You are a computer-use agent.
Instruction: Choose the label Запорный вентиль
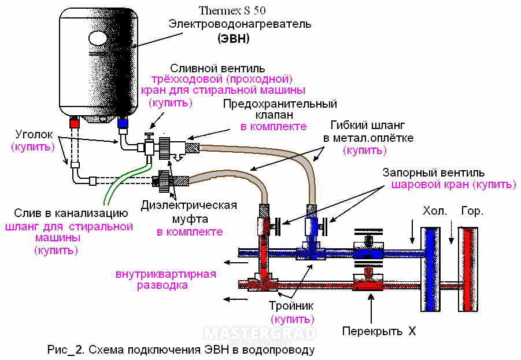click(434, 173)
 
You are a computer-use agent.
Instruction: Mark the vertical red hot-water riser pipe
click(468, 266)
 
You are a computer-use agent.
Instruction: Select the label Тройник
click(291, 306)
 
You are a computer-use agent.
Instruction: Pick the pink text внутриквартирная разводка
click(165, 280)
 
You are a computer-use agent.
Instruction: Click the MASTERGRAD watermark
click(260, 334)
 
